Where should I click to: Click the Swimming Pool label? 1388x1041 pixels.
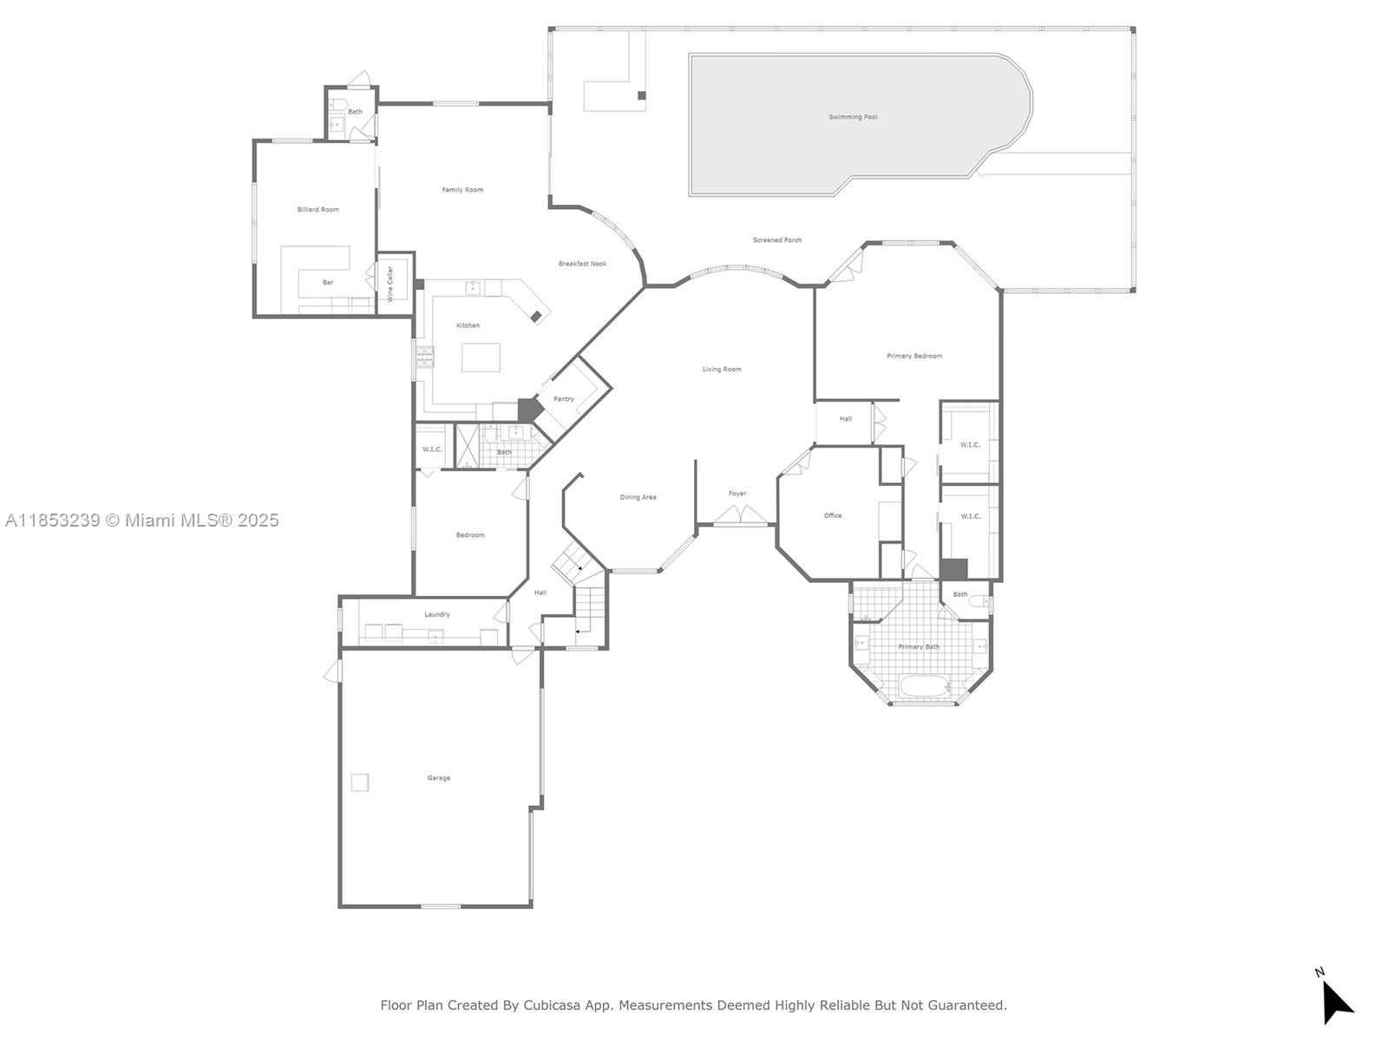[852, 117]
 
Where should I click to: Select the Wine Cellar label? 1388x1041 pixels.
[390, 283]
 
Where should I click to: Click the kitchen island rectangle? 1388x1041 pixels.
[481, 357]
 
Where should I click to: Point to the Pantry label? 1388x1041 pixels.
[564, 399]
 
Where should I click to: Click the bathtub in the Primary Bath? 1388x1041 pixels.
[926, 687]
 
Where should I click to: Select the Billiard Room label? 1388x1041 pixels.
[318, 210]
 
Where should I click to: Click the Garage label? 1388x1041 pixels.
[438, 778]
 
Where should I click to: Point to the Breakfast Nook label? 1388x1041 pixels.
[582, 264]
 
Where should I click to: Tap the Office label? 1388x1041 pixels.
[833, 516]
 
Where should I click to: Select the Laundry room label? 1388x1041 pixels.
[436, 614]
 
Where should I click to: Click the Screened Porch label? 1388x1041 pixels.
[776, 240]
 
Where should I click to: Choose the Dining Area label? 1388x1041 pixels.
[638, 498]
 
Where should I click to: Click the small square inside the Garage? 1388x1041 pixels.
[360, 782]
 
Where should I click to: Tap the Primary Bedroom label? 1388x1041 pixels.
[913, 357]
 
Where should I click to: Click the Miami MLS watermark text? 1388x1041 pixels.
[141, 520]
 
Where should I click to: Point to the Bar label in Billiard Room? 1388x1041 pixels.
[328, 283]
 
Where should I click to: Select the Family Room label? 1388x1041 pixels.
[462, 190]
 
